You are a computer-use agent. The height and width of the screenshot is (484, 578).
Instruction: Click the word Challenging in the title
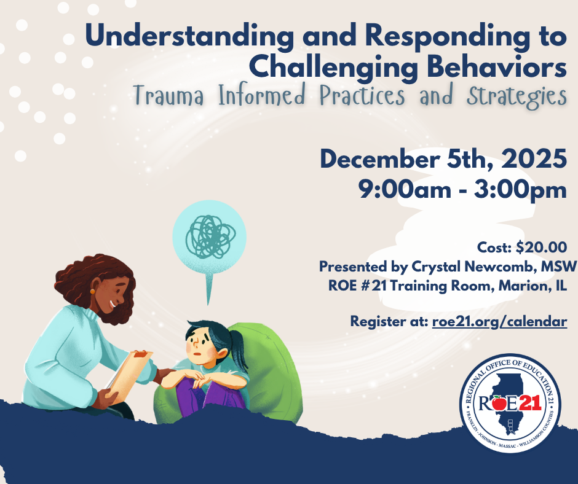pyautogui.click(x=334, y=68)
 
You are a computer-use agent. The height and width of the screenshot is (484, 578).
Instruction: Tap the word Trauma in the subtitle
pyautogui.click(x=168, y=96)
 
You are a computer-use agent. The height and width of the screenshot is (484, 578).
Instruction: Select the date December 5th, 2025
pyautogui.click(x=443, y=159)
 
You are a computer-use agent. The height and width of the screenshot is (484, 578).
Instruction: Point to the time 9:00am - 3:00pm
pyautogui.click(x=462, y=190)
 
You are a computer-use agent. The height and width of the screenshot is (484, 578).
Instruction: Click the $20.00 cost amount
pyautogui.click(x=542, y=247)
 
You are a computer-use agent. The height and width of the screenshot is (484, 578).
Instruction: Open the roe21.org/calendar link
pyautogui.click(x=499, y=322)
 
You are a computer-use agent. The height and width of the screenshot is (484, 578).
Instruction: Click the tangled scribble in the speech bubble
pyautogui.click(x=210, y=236)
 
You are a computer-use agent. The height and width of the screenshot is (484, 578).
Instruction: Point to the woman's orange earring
pyautogui.click(x=92, y=291)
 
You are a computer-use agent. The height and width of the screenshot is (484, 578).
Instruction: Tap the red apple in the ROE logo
pyautogui.click(x=499, y=402)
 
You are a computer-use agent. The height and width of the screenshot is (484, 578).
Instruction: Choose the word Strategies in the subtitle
pyautogui.click(x=517, y=96)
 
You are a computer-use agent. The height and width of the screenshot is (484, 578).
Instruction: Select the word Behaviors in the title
pyautogui.click(x=497, y=67)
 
